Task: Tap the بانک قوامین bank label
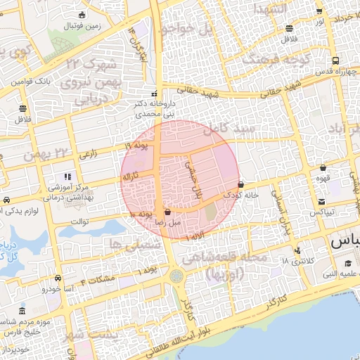(31, 82)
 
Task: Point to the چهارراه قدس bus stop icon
(336, 61)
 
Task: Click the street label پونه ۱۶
(139, 146)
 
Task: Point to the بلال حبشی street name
(193, 179)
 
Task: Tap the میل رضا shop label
(169, 221)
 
